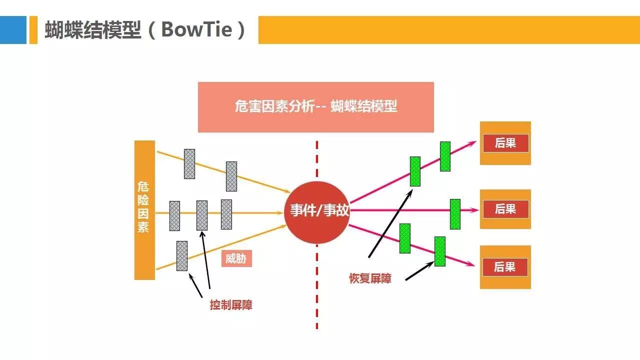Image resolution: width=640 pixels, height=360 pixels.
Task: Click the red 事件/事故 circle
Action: coord(316,212)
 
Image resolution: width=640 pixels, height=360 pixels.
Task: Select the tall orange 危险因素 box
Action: coord(144,210)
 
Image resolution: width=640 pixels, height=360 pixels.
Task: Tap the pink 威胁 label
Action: coord(236,258)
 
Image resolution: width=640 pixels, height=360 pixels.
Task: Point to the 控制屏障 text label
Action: coord(231,304)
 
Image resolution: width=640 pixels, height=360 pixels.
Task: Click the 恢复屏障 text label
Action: coord(370,278)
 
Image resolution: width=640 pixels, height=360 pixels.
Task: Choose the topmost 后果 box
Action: coord(505,143)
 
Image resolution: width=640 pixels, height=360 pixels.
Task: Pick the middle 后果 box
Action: coord(505,209)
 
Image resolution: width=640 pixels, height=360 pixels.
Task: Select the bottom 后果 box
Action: coord(505,267)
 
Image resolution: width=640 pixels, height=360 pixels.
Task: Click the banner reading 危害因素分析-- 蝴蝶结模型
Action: coord(316,107)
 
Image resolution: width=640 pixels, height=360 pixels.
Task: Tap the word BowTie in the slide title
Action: coord(196,30)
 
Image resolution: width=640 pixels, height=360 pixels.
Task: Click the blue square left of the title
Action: coord(13,30)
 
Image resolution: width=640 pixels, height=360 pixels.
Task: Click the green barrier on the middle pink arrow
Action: coord(455,214)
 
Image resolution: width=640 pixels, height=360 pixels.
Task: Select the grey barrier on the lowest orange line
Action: coord(182,255)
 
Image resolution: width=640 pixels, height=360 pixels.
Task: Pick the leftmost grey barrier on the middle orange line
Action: coord(174,215)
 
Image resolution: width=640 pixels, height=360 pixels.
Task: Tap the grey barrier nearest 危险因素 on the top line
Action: coord(189,163)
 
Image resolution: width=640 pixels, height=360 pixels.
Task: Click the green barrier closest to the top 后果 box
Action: coord(445,156)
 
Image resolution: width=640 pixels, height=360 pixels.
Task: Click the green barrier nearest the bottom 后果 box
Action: coord(439,251)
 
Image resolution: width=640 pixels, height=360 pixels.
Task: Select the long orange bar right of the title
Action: coord(449,30)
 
